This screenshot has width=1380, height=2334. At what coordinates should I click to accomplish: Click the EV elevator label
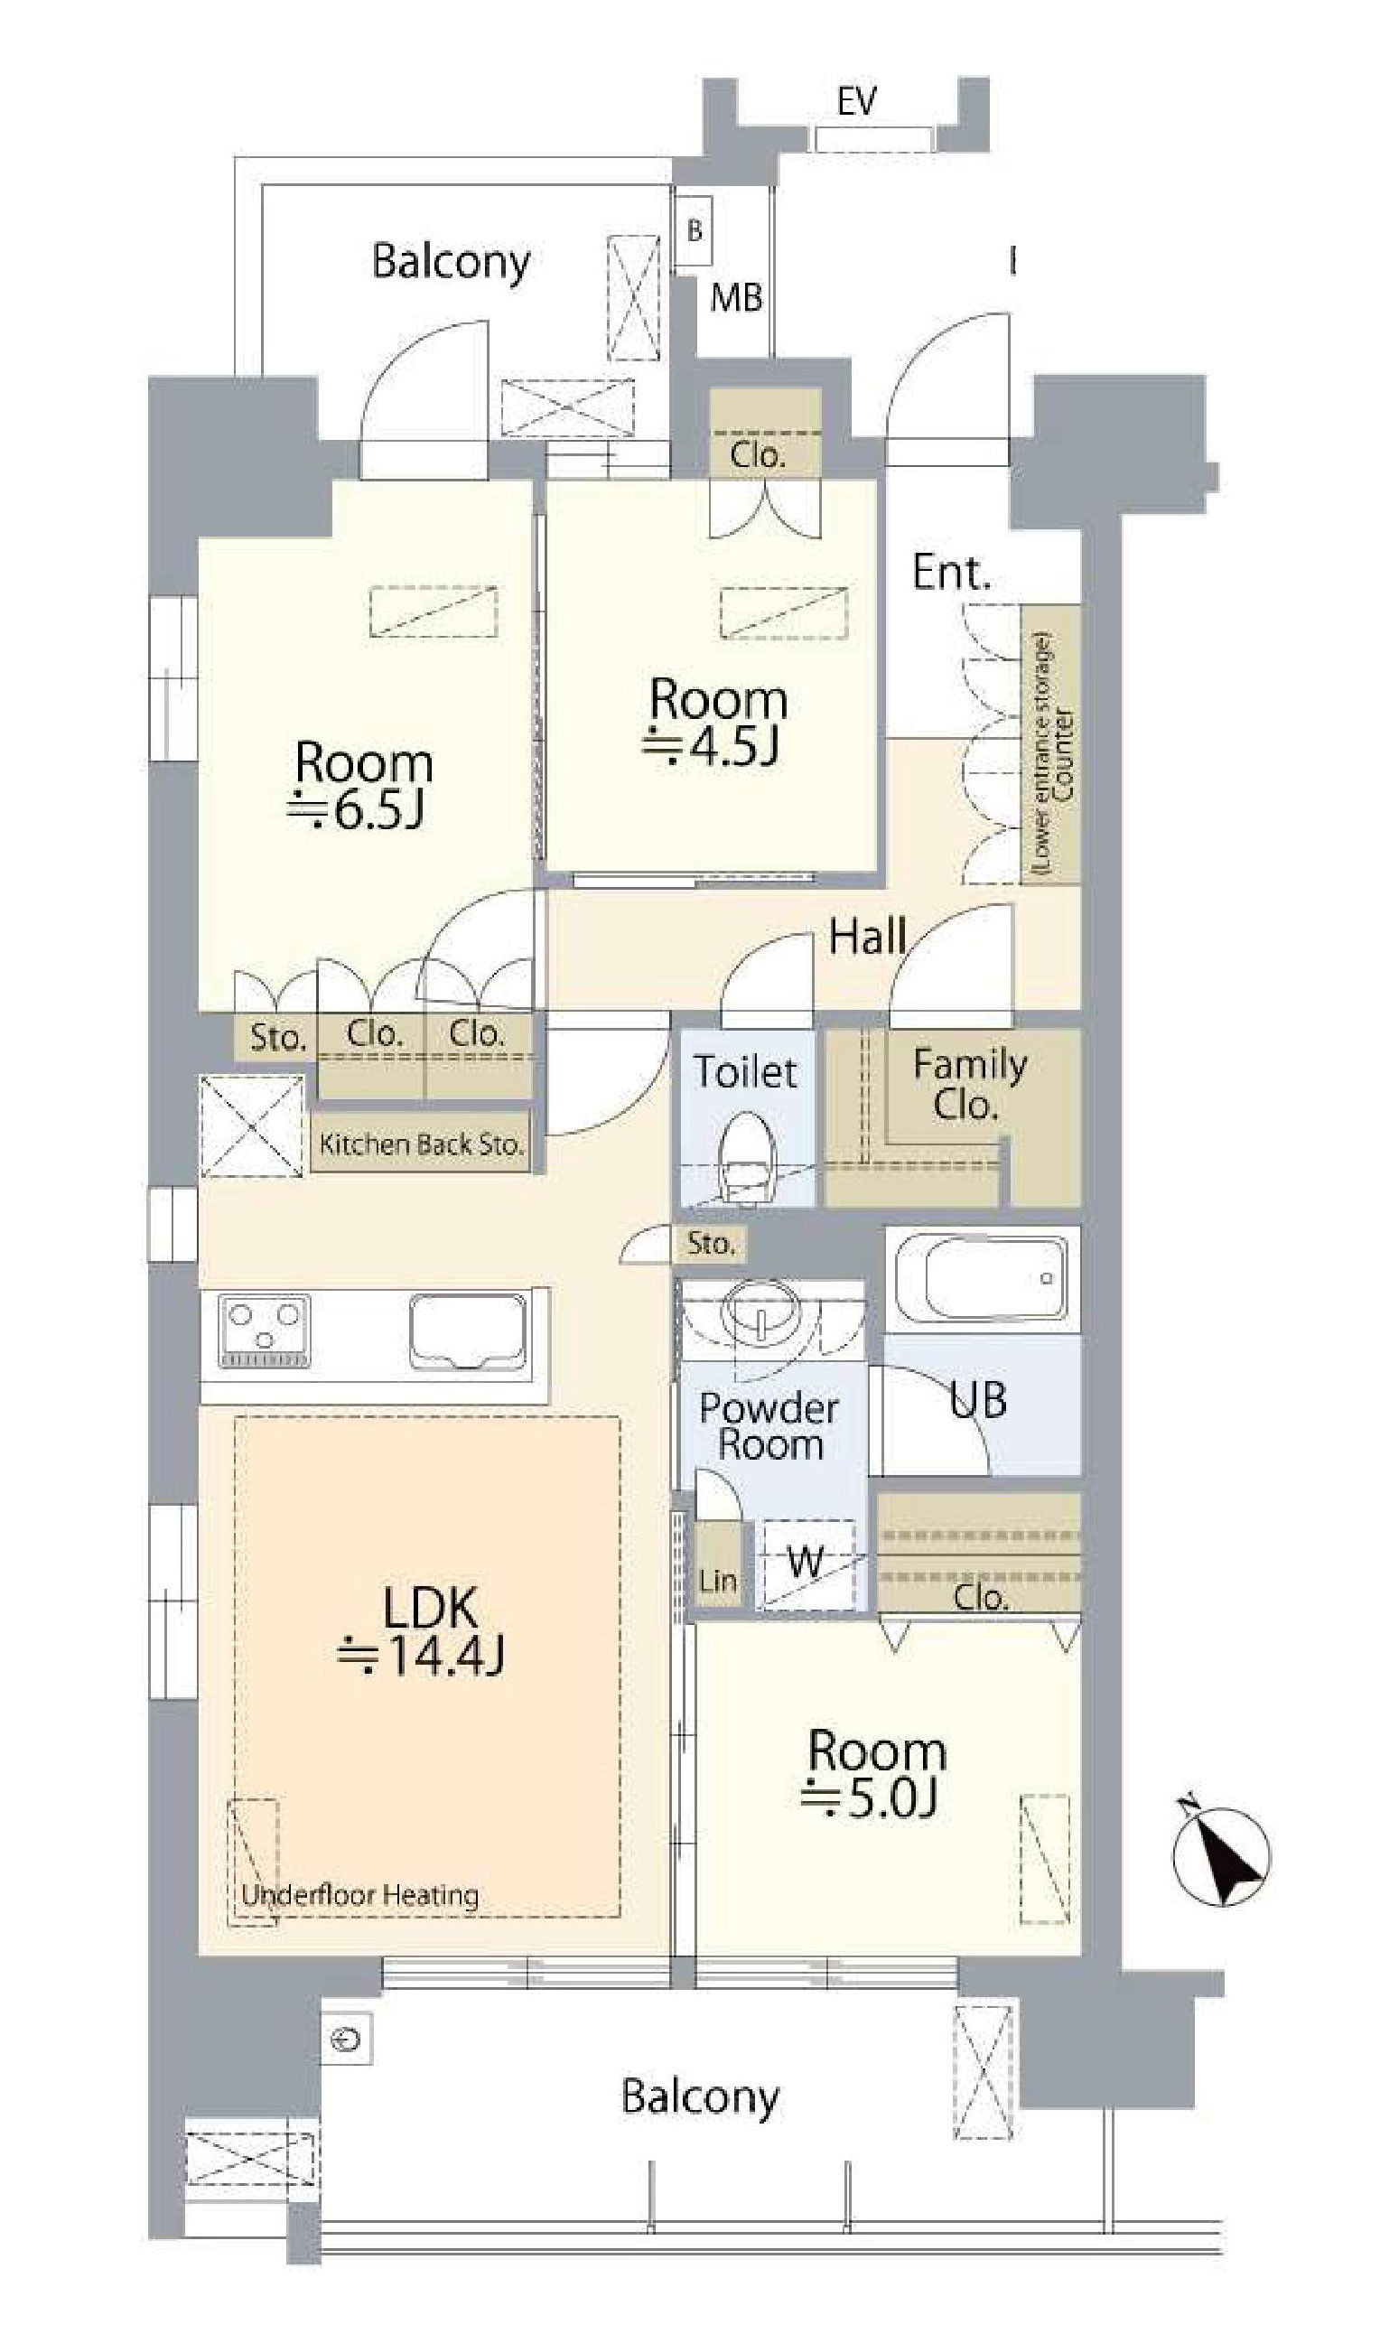coord(856,100)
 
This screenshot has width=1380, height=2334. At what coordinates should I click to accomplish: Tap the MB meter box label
coord(736,297)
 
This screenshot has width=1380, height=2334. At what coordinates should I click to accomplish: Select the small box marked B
coord(693,230)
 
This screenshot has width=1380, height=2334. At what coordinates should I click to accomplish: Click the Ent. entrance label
coord(950,572)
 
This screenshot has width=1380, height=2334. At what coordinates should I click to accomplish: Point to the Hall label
coord(867,937)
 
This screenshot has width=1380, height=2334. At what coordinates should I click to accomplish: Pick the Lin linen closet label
coord(718,1580)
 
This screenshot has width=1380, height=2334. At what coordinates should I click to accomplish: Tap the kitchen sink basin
coord(468,1330)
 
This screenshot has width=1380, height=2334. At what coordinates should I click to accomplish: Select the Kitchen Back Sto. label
coord(421,1143)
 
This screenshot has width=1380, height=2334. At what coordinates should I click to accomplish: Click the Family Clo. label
coord(969,1084)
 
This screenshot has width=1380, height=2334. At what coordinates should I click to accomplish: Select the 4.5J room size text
coord(713,748)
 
